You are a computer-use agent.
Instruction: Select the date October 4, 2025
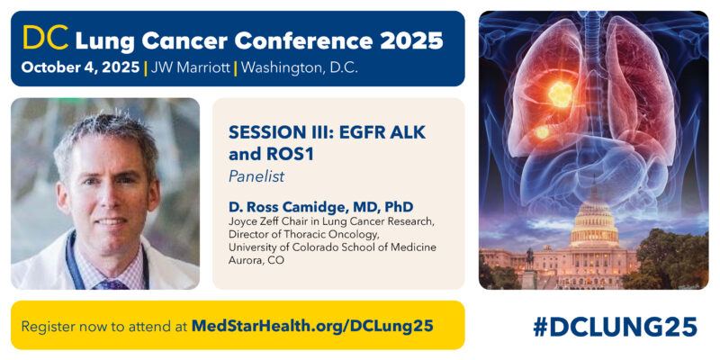pyautogui.click(x=79, y=67)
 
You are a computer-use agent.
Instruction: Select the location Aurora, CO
pyautogui.click(x=253, y=263)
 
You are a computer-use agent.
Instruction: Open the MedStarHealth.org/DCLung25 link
pyautogui.click(x=312, y=324)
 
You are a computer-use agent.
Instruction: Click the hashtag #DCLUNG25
pyautogui.click(x=614, y=326)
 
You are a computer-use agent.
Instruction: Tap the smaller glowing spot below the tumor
pyautogui.click(x=543, y=133)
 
